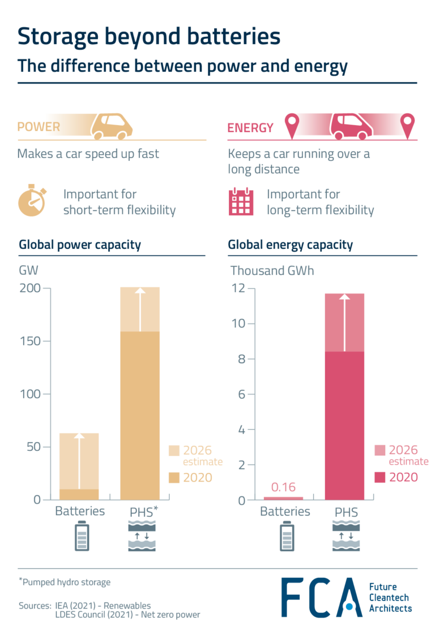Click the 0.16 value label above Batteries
[x=284, y=487]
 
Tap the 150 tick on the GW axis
[x=30, y=341]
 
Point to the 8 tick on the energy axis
[x=240, y=359]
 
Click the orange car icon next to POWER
[x=112, y=126]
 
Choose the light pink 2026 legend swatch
[x=380, y=450]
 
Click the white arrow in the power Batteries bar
[x=79, y=462]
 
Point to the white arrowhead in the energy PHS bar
[x=344, y=297]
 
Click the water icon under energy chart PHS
[x=346, y=537]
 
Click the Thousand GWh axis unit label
[x=272, y=270]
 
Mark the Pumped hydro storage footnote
[x=65, y=582]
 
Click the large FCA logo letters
[x=321, y=598]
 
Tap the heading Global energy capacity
[x=290, y=245]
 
